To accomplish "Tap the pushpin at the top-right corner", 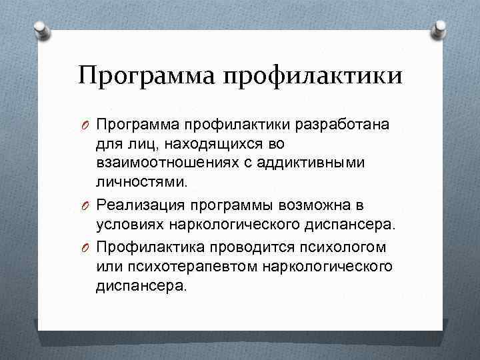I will (440, 28).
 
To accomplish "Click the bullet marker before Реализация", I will (87, 205).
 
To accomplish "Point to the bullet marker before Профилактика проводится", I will (87, 247).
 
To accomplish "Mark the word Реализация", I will (138, 205).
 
